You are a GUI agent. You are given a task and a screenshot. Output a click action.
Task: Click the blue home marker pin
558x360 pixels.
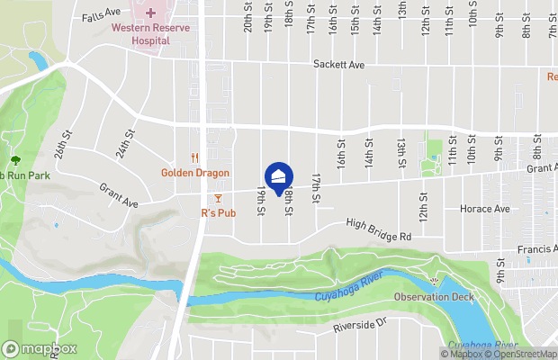[x=279, y=175]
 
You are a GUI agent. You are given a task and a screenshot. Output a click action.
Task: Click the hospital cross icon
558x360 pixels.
[x=149, y=13]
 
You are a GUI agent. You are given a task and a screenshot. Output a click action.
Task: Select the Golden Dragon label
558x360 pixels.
[x=195, y=173]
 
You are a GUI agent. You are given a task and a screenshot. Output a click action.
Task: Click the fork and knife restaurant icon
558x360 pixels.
[x=194, y=157]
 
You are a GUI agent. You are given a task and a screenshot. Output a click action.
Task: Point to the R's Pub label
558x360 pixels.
[x=218, y=213]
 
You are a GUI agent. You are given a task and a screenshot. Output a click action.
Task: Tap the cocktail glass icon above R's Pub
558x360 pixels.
[x=218, y=198]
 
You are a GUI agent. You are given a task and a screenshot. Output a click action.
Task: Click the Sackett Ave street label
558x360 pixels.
[x=338, y=65]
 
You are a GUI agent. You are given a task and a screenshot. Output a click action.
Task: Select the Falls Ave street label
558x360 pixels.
[x=100, y=17]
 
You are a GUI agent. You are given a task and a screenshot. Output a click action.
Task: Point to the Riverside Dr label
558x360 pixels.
[x=359, y=326]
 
